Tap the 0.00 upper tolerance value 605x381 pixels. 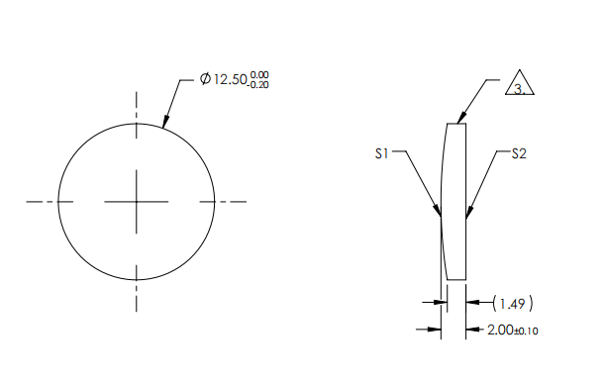pyautogui.click(x=260, y=74)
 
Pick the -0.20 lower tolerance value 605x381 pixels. pyautogui.click(x=259, y=84)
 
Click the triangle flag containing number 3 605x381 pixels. pyautogui.click(x=519, y=85)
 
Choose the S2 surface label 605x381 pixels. pyautogui.click(x=519, y=153)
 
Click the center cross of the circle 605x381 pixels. pyautogui.click(x=137, y=201)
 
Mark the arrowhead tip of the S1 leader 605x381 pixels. pyautogui.click(x=440, y=214)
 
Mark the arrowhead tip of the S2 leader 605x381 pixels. pyautogui.click(x=466, y=216)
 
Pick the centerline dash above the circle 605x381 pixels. pyautogui.click(x=137, y=103)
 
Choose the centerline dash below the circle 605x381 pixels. pyautogui.click(x=137, y=297)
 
